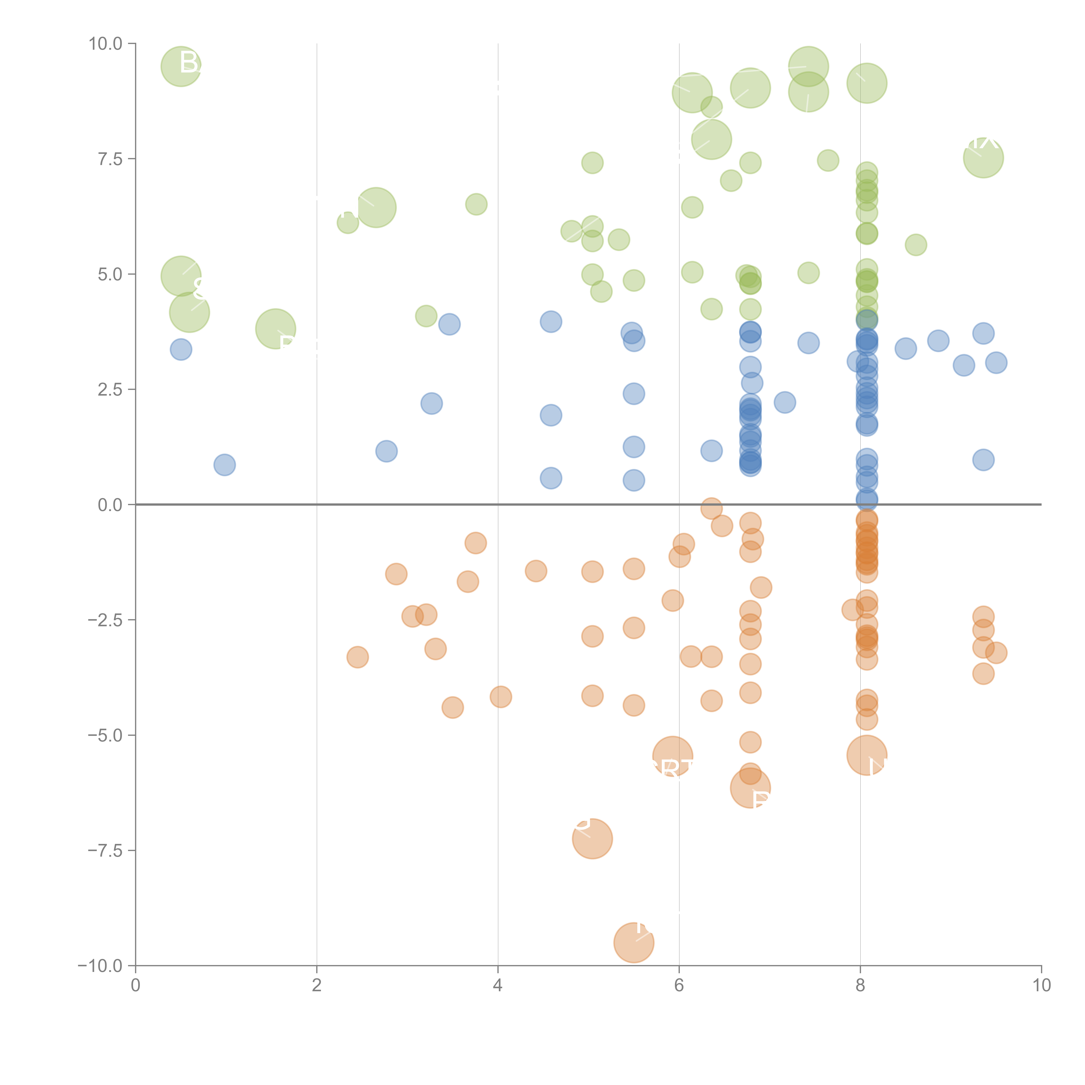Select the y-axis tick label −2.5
(x=104, y=620)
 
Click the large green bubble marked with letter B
(x=181, y=66)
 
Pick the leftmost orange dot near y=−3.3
(x=357, y=657)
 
